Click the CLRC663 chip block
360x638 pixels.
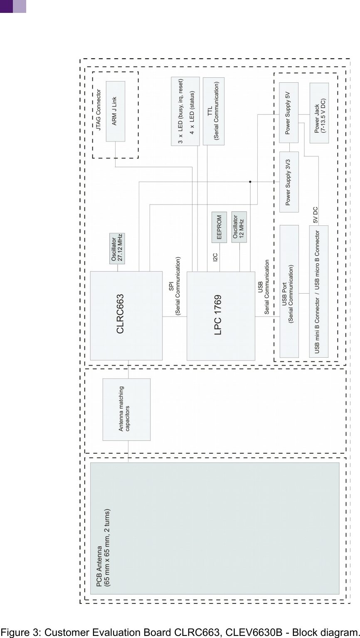pos(126,315)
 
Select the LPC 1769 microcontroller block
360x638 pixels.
pos(220,316)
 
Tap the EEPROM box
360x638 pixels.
pos(219,228)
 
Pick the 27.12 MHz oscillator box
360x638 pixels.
pos(117,248)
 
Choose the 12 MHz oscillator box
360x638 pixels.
pos(239,227)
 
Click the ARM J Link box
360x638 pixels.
pos(115,111)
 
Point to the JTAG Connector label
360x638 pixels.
pos(99,110)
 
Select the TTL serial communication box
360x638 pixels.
pos(213,111)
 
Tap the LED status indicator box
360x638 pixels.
pos(185,111)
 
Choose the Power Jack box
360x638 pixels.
pos(319,113)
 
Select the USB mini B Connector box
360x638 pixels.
pos(318,291)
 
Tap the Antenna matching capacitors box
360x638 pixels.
pos(126,409)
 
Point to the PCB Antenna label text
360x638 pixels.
pos(103,547)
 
